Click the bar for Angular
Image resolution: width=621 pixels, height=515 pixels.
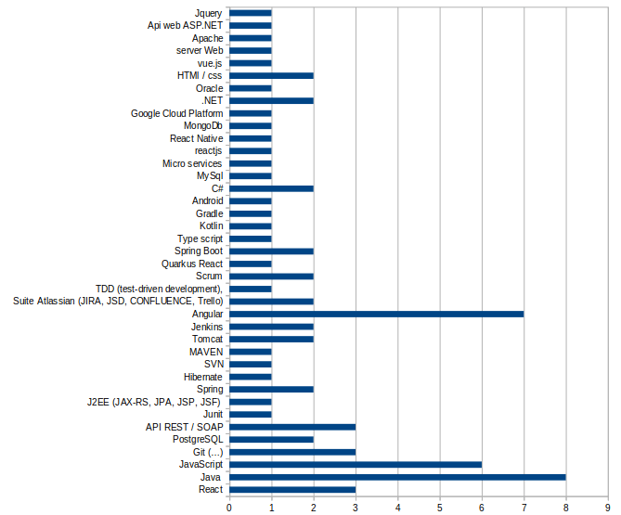376,314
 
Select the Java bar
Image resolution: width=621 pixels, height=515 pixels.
397,477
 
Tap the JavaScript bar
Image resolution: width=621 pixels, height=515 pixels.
356,464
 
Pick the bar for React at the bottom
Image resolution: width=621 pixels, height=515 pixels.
292,489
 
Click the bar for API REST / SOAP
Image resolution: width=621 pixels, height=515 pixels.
292,427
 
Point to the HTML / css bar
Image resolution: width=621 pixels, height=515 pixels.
271,75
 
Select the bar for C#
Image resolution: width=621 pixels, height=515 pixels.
271,188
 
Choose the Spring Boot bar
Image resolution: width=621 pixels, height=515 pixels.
271,251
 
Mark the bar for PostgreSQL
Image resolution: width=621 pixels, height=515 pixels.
271,439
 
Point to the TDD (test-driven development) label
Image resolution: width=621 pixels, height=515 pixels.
159,289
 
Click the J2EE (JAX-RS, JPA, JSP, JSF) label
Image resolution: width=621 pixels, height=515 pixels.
154,402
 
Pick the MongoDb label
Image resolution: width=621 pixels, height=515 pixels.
202,125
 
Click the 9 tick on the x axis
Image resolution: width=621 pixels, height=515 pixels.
608,507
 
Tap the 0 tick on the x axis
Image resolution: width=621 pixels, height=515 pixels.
229,507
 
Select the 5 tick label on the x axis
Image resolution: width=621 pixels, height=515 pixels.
440,507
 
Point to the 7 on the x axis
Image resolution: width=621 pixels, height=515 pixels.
524,507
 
